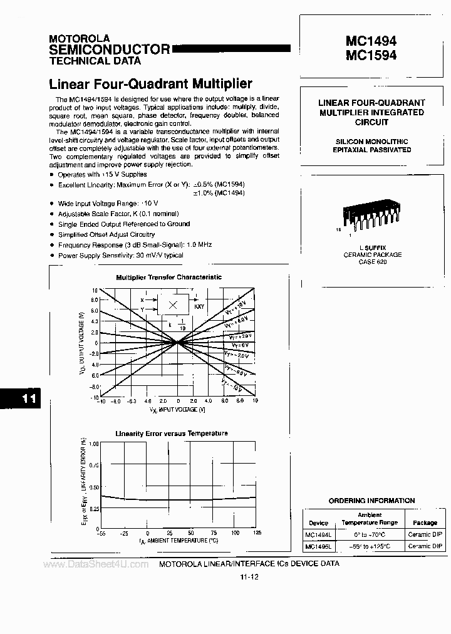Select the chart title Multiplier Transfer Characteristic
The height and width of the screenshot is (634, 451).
click(x=168, y=277)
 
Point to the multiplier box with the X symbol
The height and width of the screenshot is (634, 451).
click(x=175, y=304)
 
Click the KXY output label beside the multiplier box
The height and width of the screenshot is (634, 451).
click(x=199, y=306)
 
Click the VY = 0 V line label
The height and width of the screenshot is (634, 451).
click(x=240, y=345)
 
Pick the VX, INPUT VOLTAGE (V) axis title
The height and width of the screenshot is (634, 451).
click(x=178, y=410)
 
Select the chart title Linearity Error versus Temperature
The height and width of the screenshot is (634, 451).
click(x=171, y=433)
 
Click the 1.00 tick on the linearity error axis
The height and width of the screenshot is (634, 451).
click(x=93, y=444)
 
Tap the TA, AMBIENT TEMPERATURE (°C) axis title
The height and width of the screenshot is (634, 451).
click(x=179, y=540)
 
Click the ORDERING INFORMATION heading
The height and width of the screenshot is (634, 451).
click(x=372, y=501)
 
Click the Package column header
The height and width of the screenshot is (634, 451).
click(x=425, y=522)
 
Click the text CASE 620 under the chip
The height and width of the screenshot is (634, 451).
click(x=372, y=262)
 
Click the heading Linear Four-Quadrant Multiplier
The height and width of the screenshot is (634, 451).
click(x=150, y=83)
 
